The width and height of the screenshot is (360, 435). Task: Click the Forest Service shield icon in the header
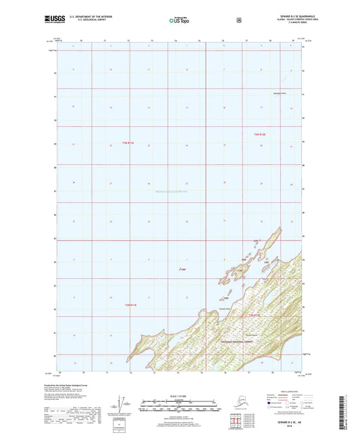238,21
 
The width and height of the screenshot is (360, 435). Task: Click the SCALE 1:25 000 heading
180,392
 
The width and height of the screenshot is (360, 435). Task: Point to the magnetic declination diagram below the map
120,403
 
